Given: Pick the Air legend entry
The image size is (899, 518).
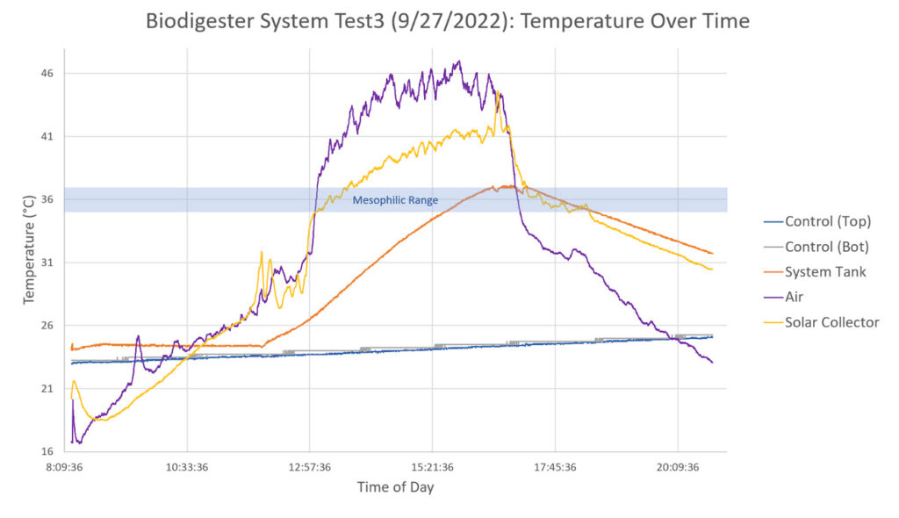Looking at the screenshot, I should (794, 297).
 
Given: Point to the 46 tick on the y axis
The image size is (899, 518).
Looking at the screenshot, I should (47, 74).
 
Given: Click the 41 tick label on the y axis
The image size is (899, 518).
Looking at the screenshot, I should (47, 137).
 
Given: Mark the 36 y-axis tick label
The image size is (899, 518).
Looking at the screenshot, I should (47, 200).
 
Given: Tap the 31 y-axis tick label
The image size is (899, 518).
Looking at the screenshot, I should (47, 263).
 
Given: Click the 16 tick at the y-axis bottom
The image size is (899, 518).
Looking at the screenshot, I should (47, 452).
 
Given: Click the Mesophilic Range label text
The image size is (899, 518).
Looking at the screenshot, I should (395, 200).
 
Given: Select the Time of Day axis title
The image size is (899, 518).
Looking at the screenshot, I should (395, 487).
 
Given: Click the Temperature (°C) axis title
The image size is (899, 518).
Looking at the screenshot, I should (29, 251).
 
